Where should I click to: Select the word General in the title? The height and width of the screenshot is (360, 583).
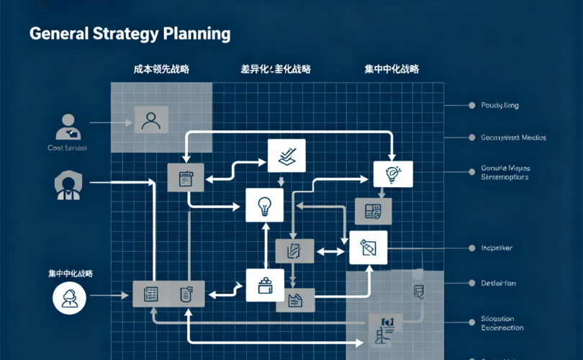[59, 34]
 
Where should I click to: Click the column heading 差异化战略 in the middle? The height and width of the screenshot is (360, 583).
[276, 70]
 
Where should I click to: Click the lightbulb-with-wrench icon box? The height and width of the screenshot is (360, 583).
[393, 174]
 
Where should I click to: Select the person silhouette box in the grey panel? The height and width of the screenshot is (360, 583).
[150, 120]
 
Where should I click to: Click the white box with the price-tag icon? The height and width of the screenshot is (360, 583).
[368, 248]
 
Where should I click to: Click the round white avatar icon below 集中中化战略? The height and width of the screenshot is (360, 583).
[70, 297]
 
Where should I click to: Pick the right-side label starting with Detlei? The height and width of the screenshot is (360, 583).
[499, 283]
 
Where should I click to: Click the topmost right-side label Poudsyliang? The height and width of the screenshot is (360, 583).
[499, 105]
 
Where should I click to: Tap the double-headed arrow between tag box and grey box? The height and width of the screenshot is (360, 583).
[330, 251]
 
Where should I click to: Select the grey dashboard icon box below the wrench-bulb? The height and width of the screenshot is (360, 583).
[373, 210]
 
